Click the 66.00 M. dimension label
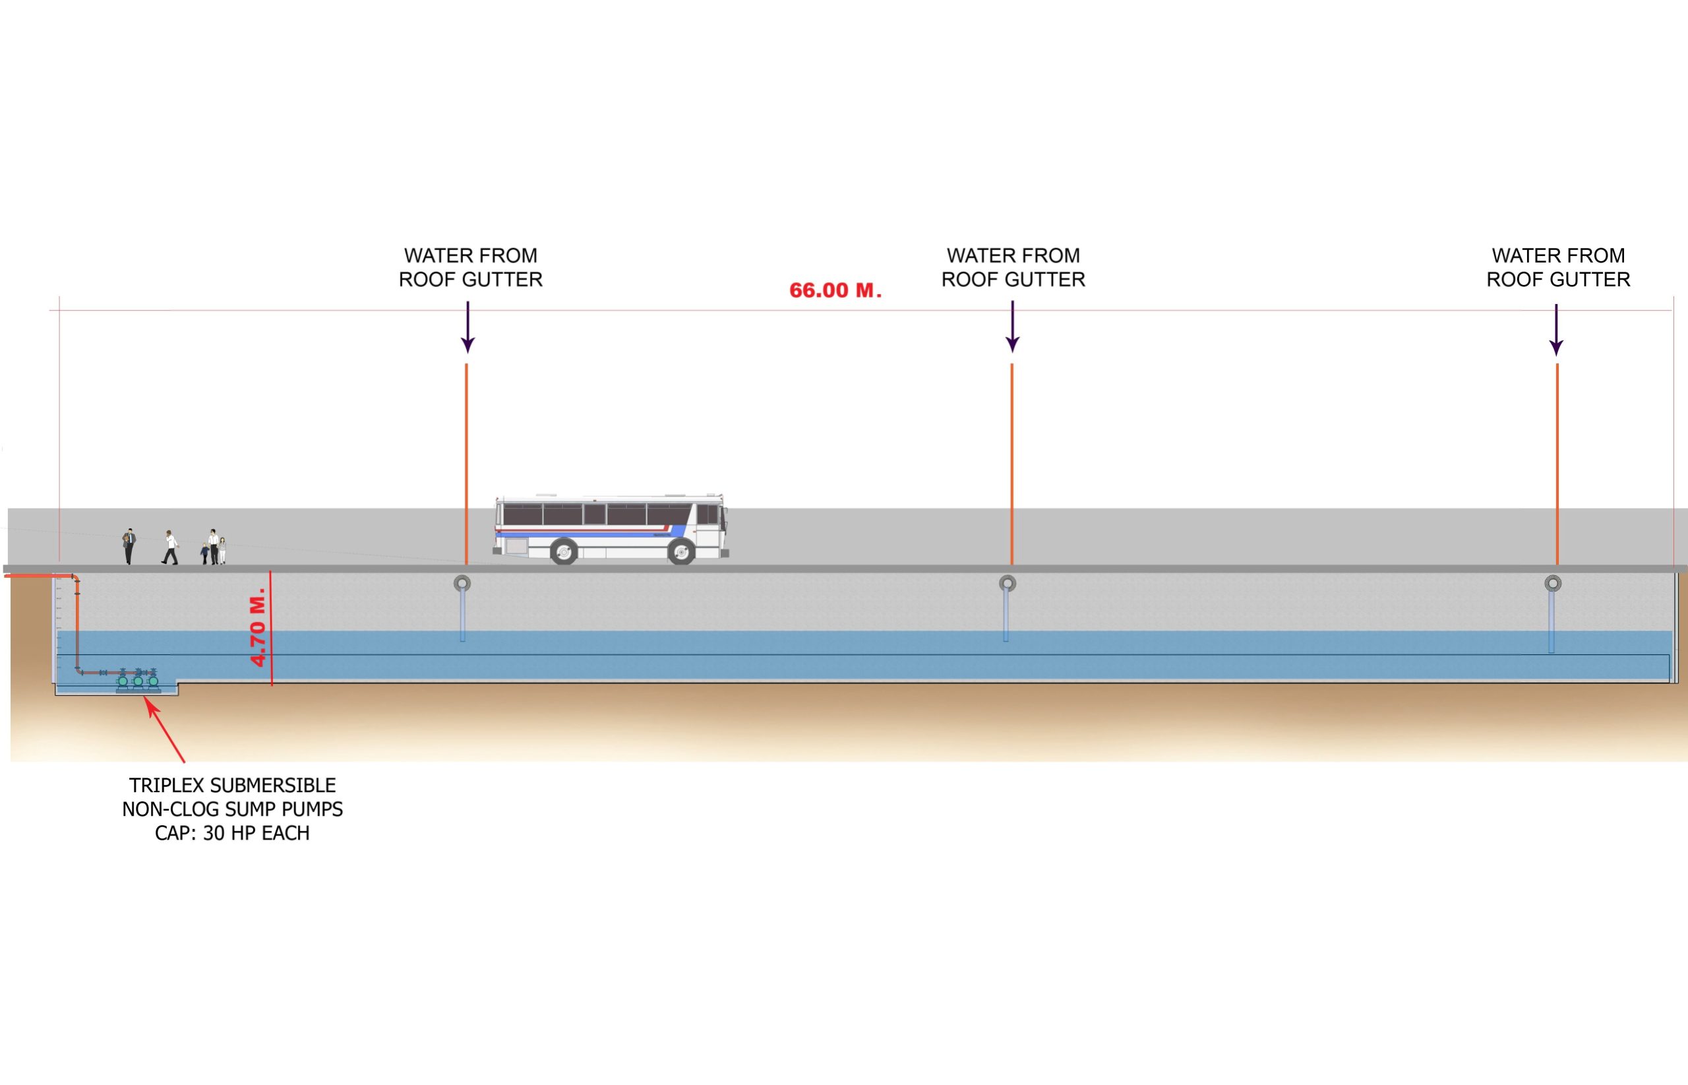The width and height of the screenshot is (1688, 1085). click(x=835, y=290)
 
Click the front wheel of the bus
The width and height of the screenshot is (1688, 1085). click(x=681, y=551)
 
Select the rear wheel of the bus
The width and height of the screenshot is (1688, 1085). click(x=563, y=551)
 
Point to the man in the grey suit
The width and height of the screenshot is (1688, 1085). click(x=129, y=546)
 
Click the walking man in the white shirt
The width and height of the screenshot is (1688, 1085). click(x=170, y=547)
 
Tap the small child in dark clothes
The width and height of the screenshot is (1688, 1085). click(x=205, y=553)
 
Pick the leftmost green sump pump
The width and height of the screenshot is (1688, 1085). click(x=123, y=681)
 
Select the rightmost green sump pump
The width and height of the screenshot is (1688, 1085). click(x=153, y=681)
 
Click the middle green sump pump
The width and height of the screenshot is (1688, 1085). click(x=138, y=681)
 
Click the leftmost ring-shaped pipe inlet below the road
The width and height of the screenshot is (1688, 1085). click(x=462, y=583)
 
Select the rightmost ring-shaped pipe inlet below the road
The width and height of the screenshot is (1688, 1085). click(x=1553, y=583)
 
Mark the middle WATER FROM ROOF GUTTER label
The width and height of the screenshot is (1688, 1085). click(x=1013, y=268)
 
